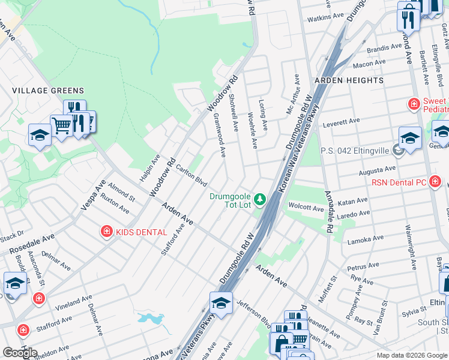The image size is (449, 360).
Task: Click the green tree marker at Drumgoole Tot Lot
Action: tap(260, 198)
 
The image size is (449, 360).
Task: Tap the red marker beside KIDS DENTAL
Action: tap(106, 231)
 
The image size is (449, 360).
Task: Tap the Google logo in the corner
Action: tap(20, 353)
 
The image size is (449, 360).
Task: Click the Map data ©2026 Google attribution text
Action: tap(411, 355)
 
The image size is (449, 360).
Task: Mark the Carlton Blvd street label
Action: tap(191, 176)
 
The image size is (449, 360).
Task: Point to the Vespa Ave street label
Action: tap(93, 195)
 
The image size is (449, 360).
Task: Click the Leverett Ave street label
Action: tap(341, 123)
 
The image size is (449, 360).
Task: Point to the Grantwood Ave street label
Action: tap(218, 136)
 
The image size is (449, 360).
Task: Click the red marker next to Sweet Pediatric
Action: tap(414, 105)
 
